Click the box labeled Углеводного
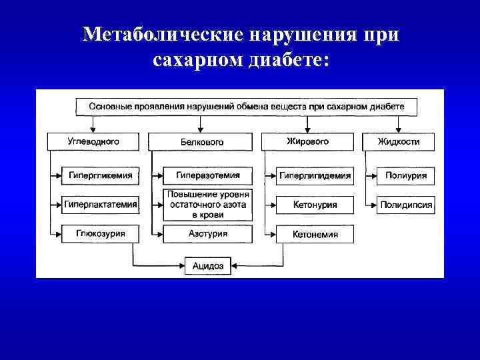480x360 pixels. click(x=93, y=141)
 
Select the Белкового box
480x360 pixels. click(x=201, y=141)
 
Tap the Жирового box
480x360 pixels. click(x=307, y=141)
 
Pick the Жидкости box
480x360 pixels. click(x=399, y=141)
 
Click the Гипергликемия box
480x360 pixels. click(x=100, y=176)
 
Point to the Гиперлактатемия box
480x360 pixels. click(x=101, y=205)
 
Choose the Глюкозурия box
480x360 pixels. click(x=100, y=234)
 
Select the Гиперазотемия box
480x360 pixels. click(x=204, y=176)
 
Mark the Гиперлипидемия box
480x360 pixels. click(x=315, y=176)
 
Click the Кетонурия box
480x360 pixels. click(x=315, y=205)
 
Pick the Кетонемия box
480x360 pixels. click(x=315, y=234)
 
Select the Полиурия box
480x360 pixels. click(x=406, y=176)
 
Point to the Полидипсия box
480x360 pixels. click(x=406, y=205)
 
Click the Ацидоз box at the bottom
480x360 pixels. click(x=208, y=266)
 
